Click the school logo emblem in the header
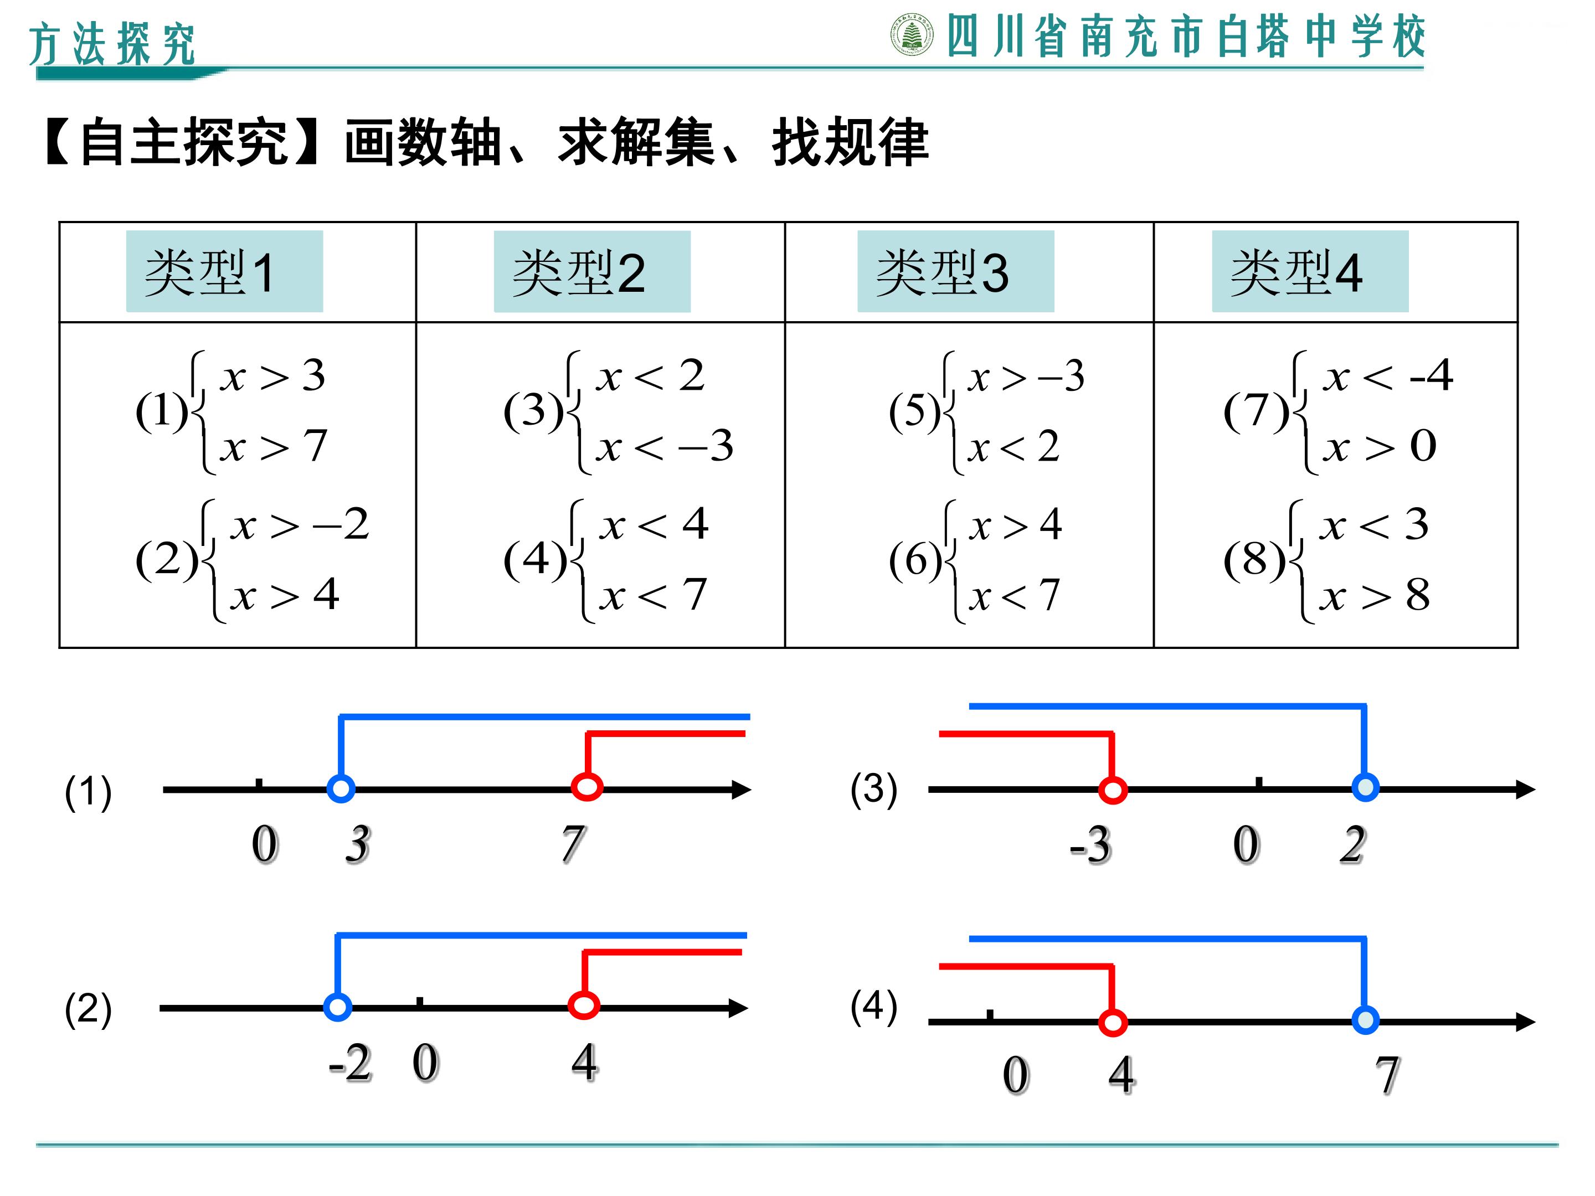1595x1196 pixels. pos(912,35)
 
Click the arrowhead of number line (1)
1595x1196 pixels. pos(741,790)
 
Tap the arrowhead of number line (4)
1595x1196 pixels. pos(1526,1022)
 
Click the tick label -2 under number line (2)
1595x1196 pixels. pos(351,1063)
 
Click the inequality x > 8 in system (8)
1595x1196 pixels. pos(1375,595)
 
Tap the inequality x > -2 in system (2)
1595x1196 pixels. pos(300,524)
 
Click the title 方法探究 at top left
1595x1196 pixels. pos(112,44)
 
